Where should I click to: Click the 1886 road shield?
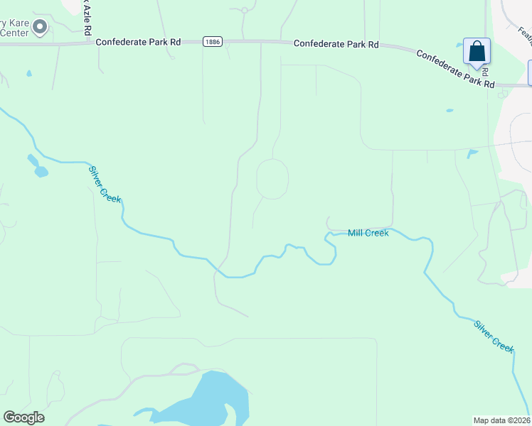click(212, 43)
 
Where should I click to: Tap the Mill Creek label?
click(368, 233)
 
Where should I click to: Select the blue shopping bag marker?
click(477, 53)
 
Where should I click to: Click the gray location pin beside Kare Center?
click(40, 28)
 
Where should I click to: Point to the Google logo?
click(23, 417)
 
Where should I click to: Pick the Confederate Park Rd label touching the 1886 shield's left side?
click(139, 43)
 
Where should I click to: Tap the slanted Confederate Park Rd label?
click(455, 69)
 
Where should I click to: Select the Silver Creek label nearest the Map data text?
click(494, 335)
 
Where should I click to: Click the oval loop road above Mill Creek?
click(272, 179)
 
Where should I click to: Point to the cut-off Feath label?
click(525, 33)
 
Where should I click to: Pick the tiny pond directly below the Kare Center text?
click(28, 73)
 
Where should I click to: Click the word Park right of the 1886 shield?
click(348, 44)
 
